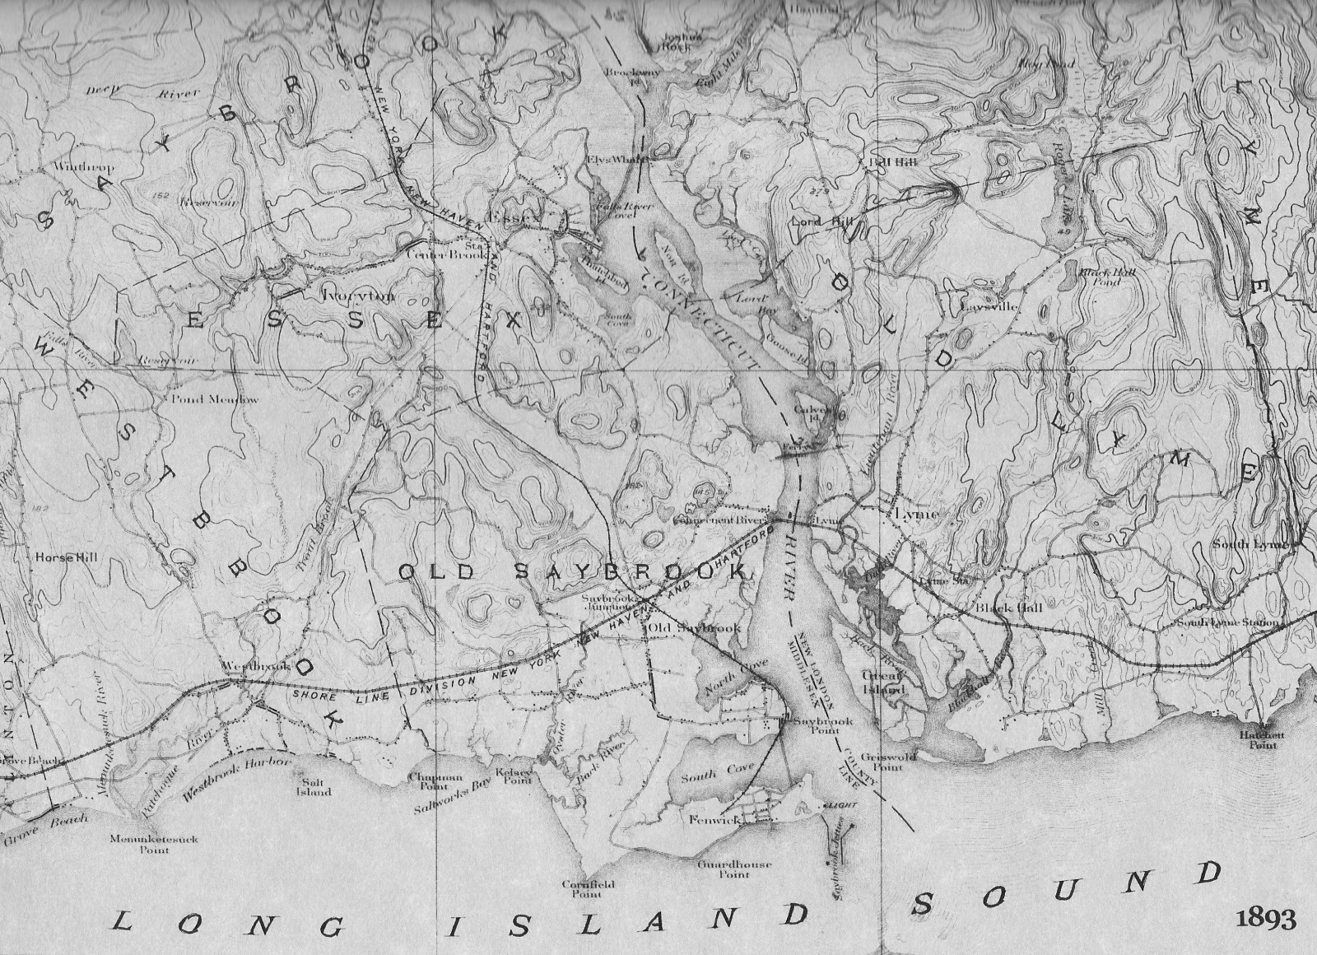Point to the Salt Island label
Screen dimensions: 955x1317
click(x=313, y=787)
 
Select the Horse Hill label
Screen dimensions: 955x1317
click(x=66, y=557)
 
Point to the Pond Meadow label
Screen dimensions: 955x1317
click(x=215, y=400)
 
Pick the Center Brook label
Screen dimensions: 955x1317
click(x=442, y=254)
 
